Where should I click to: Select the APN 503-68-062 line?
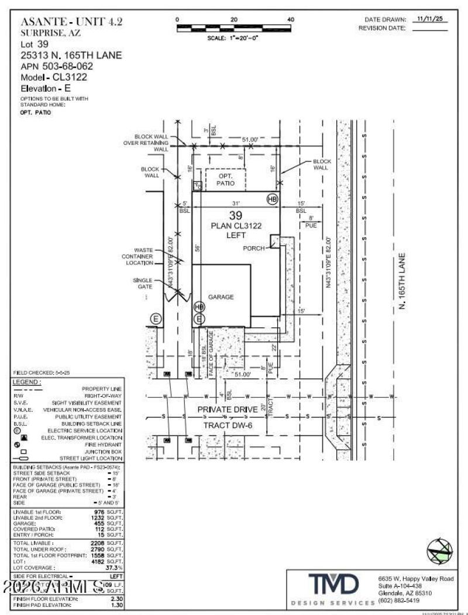(57, 66)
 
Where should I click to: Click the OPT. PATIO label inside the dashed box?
(226, 179)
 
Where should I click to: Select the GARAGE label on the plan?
(221, 297)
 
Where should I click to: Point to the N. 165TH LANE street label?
(402, 281)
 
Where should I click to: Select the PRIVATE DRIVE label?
(227, 410)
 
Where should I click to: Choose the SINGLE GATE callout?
(142, 284)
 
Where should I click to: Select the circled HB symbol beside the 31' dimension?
(272, 199)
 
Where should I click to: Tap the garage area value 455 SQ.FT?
(111, 524)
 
